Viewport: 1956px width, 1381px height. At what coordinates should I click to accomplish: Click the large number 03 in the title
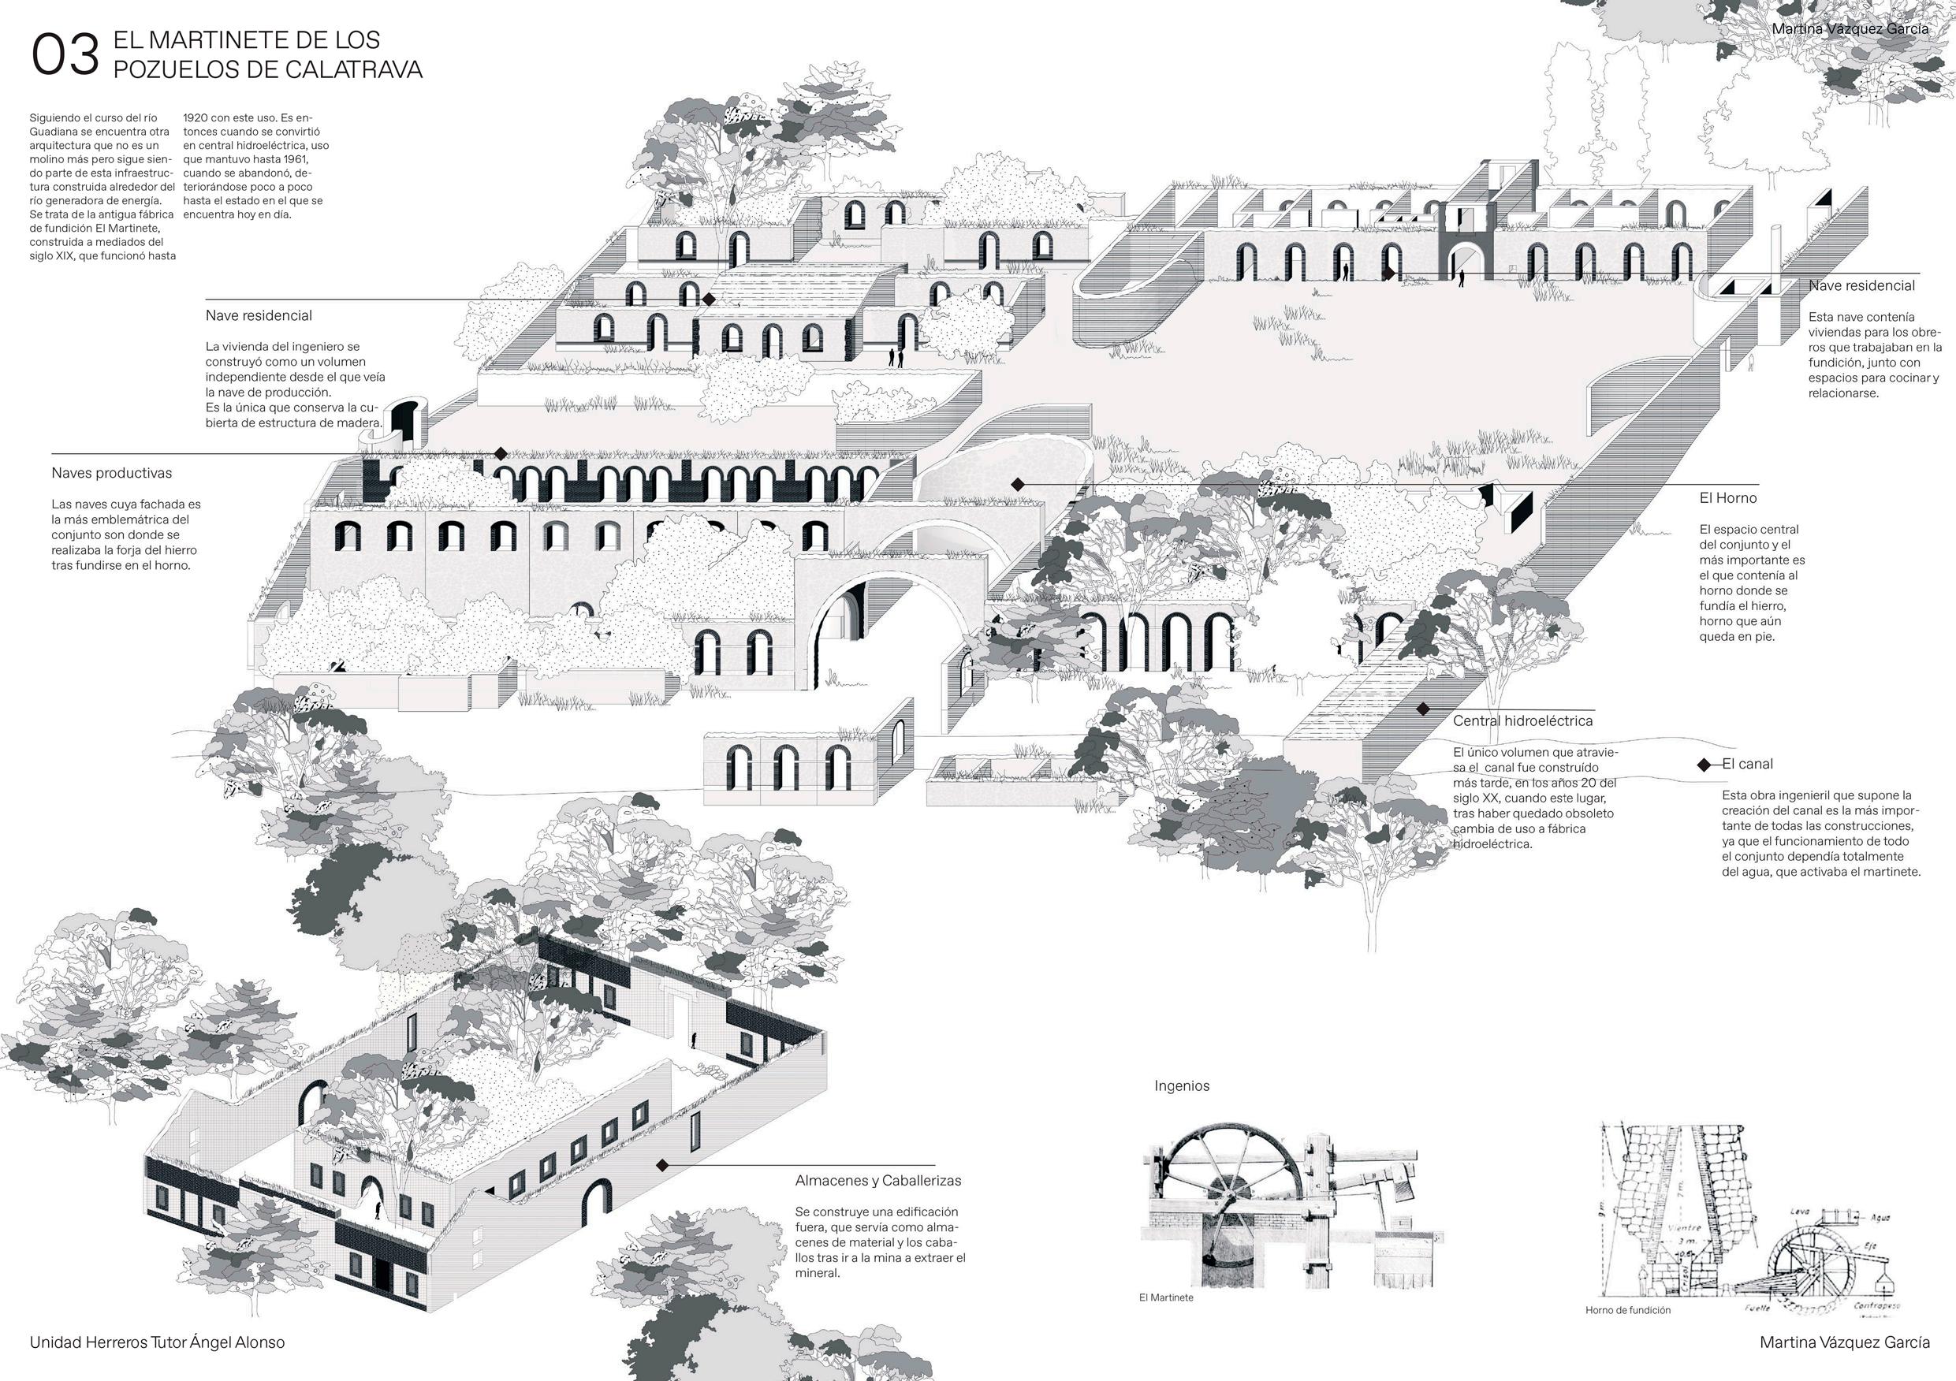65,55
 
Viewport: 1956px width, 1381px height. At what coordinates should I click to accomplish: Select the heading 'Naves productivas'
112,473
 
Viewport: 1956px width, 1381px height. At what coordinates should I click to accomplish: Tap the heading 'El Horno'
1727,497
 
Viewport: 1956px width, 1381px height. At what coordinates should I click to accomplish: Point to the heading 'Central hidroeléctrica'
1522,720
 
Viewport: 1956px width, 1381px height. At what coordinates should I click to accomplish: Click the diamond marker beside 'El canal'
1703,765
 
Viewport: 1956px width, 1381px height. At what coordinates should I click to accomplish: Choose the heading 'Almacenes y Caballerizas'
877,1181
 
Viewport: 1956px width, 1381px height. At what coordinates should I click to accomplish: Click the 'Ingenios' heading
1182,1085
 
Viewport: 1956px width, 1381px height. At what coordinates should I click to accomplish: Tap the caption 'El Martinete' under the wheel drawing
1165,1297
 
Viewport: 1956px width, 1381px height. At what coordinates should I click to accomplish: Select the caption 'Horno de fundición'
1627,1310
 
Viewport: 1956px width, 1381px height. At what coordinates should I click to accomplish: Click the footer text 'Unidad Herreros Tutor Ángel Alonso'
158,1342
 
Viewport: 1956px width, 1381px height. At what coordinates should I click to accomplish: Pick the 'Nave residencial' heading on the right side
1861,285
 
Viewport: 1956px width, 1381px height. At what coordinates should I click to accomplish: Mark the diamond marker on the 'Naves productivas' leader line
501,454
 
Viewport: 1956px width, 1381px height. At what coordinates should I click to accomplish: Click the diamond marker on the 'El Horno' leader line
1017,484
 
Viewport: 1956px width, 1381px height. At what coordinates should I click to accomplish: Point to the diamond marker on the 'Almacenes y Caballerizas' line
662,1164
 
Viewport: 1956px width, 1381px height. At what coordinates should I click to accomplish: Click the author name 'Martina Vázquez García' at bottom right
1844,1342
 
